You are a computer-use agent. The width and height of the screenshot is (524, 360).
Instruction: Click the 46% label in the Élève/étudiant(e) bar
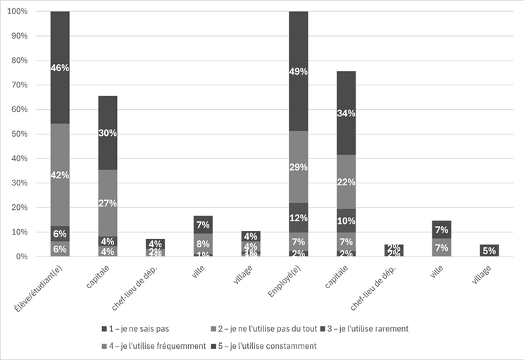point(60,68)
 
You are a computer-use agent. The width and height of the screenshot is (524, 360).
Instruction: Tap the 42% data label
point(60,175)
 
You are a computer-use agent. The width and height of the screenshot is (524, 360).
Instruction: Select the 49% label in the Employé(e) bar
point(299,71)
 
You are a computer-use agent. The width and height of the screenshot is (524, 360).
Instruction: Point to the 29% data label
point(299,168)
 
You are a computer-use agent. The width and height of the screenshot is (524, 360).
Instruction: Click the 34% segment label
point(346,113)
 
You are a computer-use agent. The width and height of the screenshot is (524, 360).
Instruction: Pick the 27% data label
point(108,203)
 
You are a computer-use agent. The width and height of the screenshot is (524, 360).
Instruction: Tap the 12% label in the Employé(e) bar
point(299,218)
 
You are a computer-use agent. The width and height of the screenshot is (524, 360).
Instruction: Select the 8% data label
point(204,244)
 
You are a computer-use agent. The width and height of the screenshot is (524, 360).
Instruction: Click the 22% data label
point(346,182)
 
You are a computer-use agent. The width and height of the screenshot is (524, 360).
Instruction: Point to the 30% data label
point(108,132)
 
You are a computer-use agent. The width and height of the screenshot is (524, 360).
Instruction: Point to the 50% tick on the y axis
point(18,134)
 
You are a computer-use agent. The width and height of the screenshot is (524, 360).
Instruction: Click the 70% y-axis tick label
point(18,85)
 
